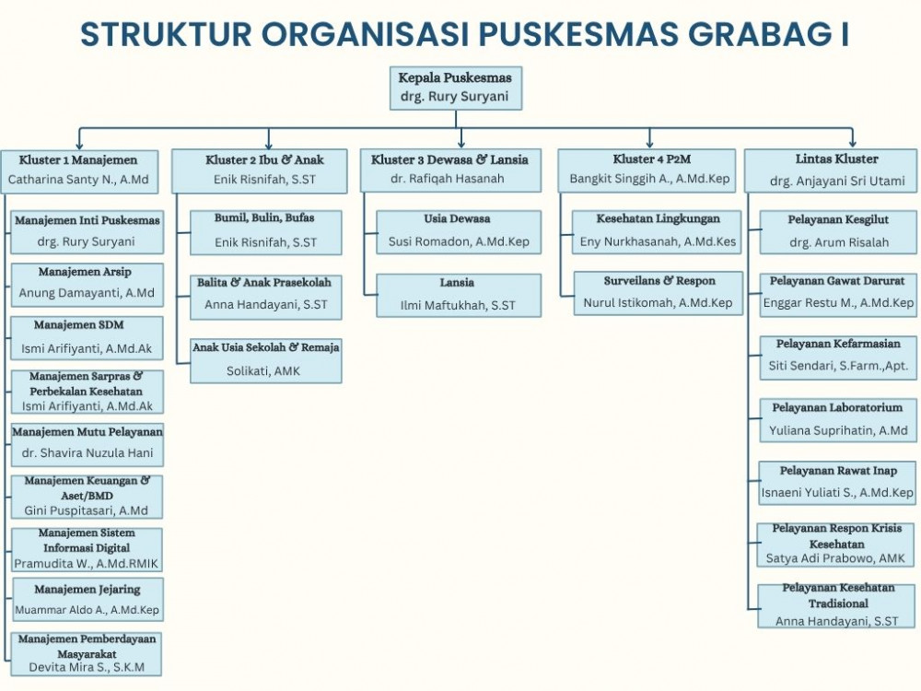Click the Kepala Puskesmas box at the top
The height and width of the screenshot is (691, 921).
(x=455, y=88)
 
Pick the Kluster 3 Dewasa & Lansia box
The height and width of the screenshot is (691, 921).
(x=449, y=170)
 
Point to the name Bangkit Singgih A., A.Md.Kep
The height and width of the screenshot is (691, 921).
(x=649, y=179)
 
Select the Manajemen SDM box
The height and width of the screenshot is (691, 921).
(x=87, y=337)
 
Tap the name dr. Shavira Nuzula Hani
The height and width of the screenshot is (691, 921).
(x=87, y=453)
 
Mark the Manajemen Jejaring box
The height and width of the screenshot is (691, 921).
(x=87, y=599)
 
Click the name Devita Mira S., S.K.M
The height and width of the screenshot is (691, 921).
(x=87, y=667)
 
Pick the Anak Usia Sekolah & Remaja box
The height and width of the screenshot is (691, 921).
(x=265, y=359)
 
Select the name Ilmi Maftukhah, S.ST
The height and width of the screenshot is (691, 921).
(x=458, y=305)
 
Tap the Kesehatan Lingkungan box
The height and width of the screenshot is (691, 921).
(x=658, y=230)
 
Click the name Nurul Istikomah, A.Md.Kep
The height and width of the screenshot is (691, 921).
(x=658, y=302)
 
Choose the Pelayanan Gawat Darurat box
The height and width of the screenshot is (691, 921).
(x=837, y=291)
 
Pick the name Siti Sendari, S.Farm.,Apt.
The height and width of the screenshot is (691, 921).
(x=838, y=366)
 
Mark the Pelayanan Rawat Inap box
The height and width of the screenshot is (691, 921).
(x=837, y=482)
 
